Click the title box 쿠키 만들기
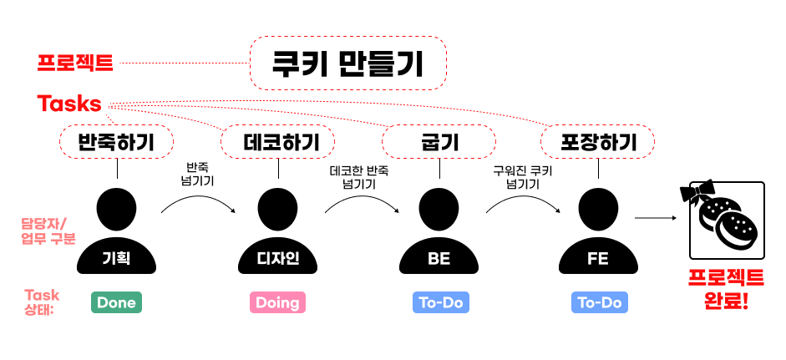tap(348, 63)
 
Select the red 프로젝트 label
tap(75, 63)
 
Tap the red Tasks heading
tap(69, 104)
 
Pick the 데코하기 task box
tap(277, 141)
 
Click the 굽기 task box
tap(439, 141)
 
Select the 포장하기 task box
tap(599, 141)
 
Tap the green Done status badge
tap(116, 302)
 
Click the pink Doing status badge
tap(277, 302)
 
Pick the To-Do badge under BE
tap(441, 302)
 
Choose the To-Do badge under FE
tap(599, 302)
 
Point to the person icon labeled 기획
tap(116, 234)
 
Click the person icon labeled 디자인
tap(277, 234)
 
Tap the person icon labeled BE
tap(439, 234)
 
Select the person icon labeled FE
tap(598, 234)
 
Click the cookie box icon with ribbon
tap(726, 221)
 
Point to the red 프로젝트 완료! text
tap(726, 287)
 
